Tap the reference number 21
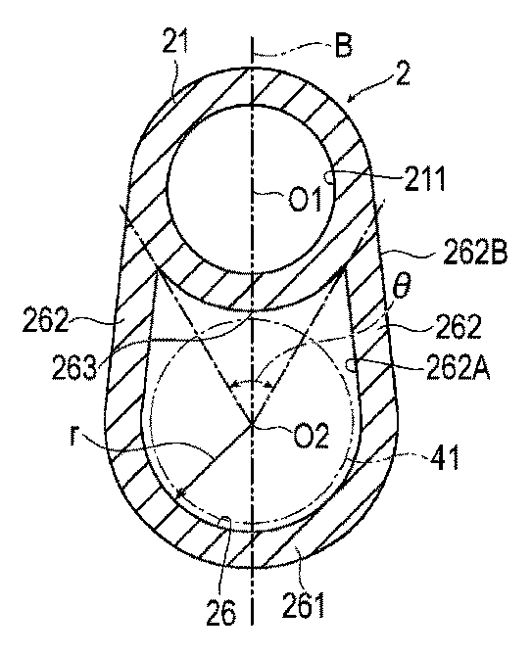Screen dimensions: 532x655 [x=175, y=41]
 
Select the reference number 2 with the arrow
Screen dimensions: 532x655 [x=403, y=73]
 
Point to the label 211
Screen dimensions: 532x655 [x=424, y=179]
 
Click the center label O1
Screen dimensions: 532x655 [x=306, y=199]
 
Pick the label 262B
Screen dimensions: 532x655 [x=475, y=254]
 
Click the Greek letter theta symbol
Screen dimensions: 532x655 [x=401, y=288]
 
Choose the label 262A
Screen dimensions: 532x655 [x=459, y=368]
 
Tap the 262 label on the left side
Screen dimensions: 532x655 [x=45, y=320]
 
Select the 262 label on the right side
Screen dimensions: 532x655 [x=459, y=326]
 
